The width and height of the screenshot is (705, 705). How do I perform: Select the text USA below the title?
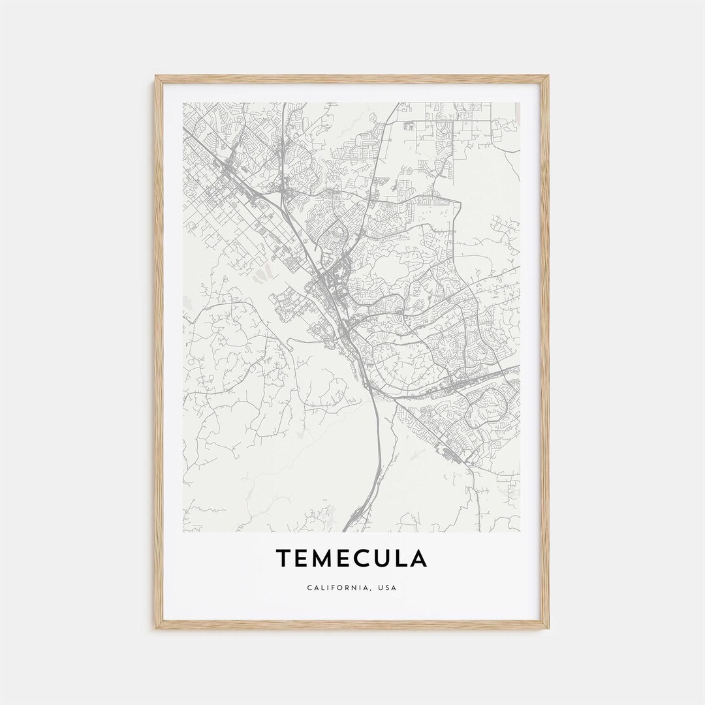pyautogui.click(x=388, y=587)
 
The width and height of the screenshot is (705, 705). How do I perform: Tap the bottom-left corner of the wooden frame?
pyautogui.click(x=156, y=628)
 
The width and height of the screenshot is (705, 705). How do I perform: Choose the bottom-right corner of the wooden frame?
pyautogui.click(x=548, y=628)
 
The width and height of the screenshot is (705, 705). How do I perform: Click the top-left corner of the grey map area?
pyautogui.click(x=183, y=102)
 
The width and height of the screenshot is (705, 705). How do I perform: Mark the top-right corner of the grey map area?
pyautogui.click(x=520, y=102)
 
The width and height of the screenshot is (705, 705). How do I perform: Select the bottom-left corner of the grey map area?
pyautogui.click(x=183, y=531)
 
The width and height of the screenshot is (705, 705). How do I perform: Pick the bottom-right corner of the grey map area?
pyautogui.click(x=520, y=531)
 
